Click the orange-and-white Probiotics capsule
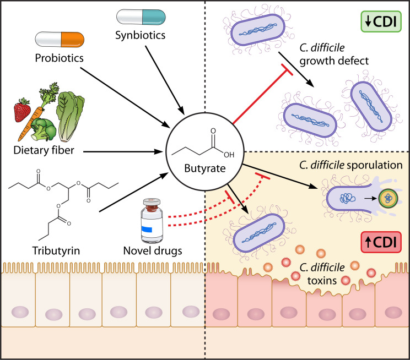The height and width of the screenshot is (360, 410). tap(60, 40)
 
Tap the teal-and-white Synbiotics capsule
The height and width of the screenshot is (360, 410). tap(141, 17)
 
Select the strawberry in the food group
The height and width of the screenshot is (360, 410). tap(21, 110)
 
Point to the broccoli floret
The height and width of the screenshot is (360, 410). tap(43, 129)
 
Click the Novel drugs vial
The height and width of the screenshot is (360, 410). tap(152, 221)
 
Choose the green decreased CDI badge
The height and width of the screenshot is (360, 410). tap(381, 21)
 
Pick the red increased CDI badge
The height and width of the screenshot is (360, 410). tap(381, 242)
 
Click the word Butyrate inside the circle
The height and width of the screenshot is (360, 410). tap(205, 168)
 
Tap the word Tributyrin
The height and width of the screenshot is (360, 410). tap(56, 251)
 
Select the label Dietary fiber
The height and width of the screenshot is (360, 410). tap(44, 150)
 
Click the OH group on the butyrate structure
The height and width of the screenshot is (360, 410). tap(229, 155)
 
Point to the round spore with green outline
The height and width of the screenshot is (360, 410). tap(388, 199)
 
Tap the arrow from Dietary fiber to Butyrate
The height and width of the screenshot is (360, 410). tap(122, 151)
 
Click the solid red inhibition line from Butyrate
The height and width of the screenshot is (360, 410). tap(262, 96)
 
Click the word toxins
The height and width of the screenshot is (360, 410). tap(322, 281)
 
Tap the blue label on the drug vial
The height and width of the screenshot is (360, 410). tap(147, 229)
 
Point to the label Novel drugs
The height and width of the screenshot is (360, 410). tap(153, 251)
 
